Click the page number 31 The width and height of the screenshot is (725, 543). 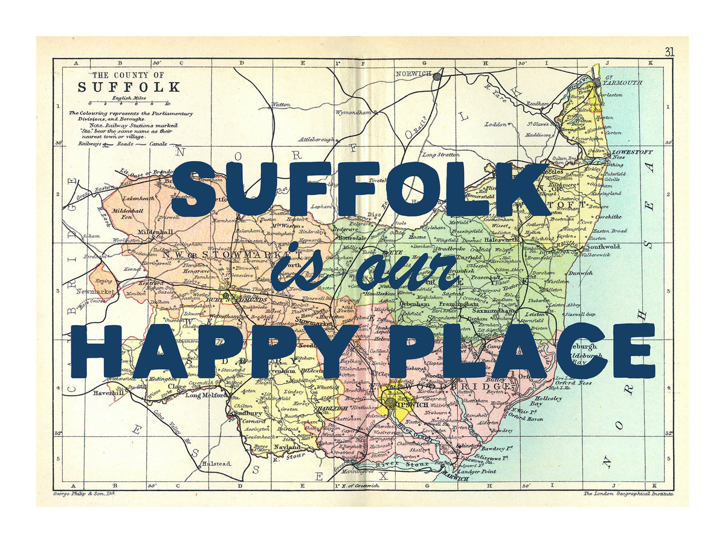pos(669,52)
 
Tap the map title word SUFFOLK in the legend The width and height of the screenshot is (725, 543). pos(129,87)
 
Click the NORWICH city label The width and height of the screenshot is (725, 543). pos(413,74)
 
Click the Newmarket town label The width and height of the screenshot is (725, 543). pos(95,291)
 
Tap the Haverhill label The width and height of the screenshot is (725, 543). pos(109,393)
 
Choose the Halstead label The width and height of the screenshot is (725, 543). pos(216,463)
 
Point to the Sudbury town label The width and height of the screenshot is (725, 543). pos(248,414)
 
